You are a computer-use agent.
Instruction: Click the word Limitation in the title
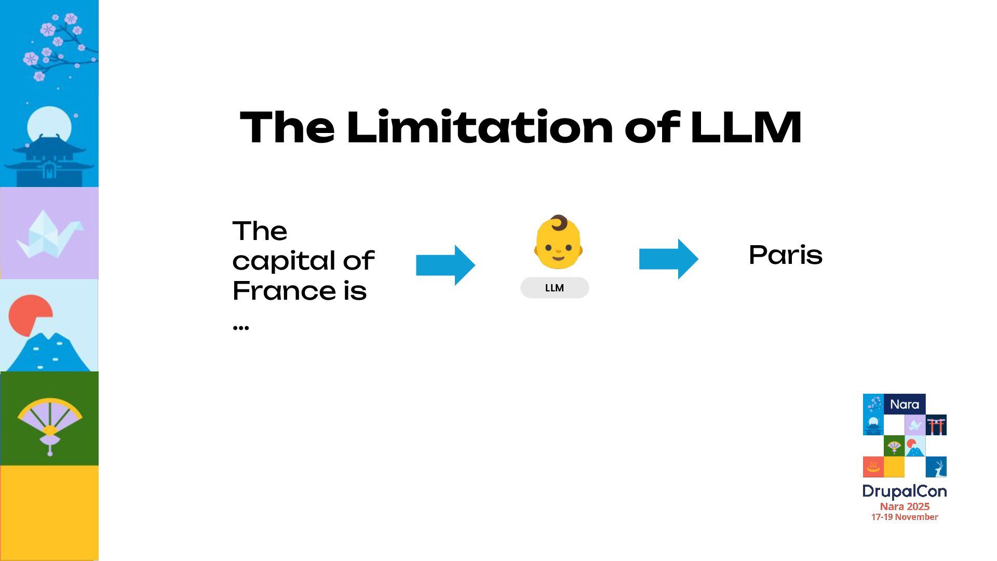pos(480,127)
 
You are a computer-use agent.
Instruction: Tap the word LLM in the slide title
pos(746,127)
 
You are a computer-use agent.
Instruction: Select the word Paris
pos(785,255)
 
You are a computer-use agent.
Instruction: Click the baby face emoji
pos(558,243)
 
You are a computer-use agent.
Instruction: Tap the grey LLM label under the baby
pos(555,288)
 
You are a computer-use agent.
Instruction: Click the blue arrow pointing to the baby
pos(446,265)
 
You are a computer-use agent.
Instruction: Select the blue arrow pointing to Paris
pos(668,259)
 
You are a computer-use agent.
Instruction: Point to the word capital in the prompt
pos(284,261)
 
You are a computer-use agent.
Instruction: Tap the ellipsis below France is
pos(241,327)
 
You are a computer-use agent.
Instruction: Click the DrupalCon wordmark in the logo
pos(904,491)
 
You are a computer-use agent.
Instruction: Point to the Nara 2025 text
pos(905,506)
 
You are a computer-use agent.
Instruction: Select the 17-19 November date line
pos(905,517)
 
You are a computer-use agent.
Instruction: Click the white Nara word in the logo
pos(904,404)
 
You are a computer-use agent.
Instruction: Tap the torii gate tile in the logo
pos(936,425)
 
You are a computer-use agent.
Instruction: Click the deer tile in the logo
pos(936,467)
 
